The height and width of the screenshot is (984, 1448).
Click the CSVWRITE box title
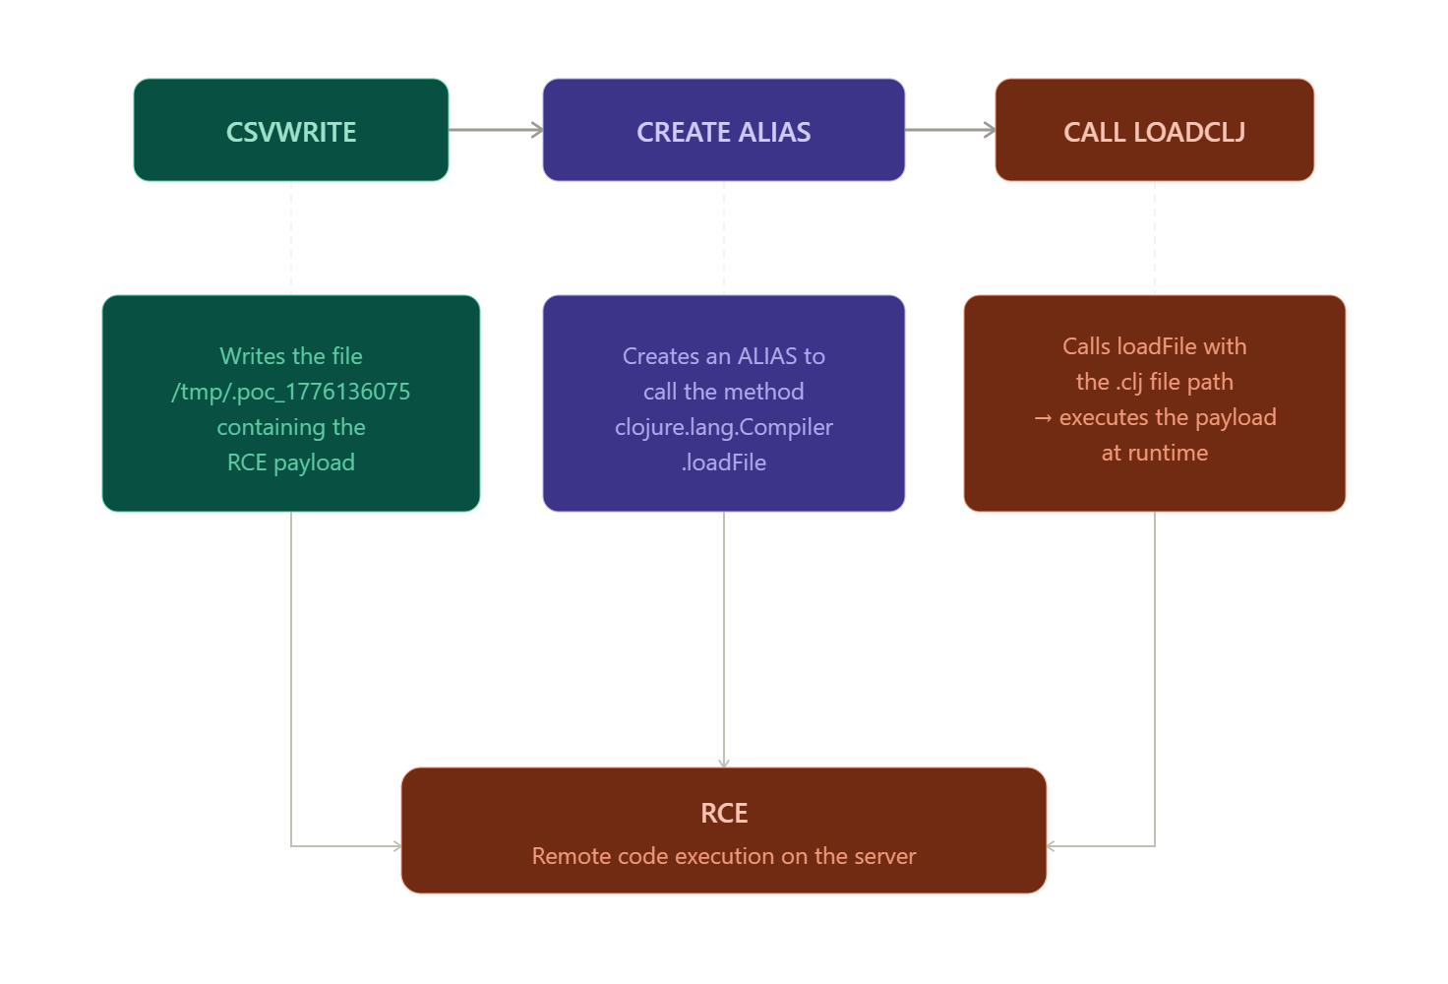[291, 132]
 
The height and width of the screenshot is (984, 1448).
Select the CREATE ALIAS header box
[723, 130]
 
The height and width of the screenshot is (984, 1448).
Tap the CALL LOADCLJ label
[1155, 132]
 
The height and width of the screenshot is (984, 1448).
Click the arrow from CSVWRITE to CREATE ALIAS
[496, 130]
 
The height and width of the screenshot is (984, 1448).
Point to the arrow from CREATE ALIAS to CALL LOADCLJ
[949, 130]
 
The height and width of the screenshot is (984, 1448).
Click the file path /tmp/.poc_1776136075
[291, 392]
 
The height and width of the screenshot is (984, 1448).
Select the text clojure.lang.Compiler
[723, 428]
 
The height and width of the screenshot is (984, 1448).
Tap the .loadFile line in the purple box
[723, 462]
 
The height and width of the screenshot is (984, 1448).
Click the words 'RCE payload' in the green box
[291, 462]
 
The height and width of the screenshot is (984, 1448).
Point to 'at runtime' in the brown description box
[1155, 454]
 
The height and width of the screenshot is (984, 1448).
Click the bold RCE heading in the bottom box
[724, 814]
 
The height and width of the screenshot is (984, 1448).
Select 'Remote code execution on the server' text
[724, 856]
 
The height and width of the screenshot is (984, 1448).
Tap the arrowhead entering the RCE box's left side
[396, 845]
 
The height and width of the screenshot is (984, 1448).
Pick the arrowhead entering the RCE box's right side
[1052, 845]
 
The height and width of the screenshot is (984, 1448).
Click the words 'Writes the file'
[291, 356]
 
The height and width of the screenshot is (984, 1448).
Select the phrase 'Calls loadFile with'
[1155, 346]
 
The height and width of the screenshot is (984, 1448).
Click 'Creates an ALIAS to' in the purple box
[723, 356]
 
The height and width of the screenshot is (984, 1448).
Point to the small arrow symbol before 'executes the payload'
[1043, 418]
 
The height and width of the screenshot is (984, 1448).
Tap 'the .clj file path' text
[1155, 382]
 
